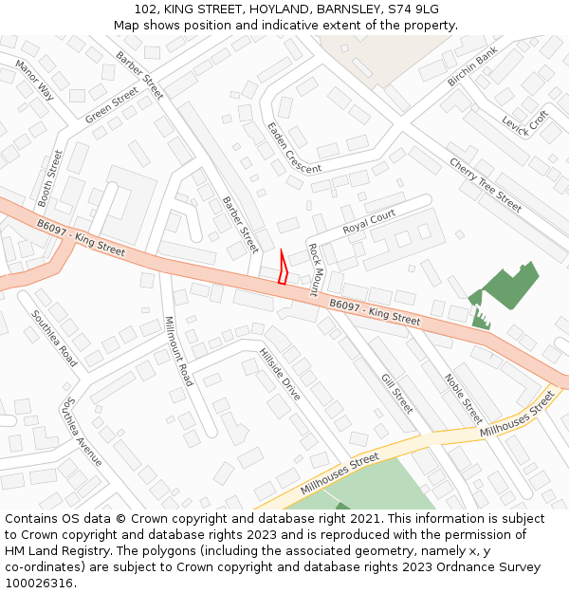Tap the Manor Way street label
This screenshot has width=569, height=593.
35,80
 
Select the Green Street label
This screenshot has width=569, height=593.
111,105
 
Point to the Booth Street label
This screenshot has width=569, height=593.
49,177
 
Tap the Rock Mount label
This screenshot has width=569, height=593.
316,269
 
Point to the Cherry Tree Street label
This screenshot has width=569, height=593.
486,185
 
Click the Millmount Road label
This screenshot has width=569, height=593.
178,351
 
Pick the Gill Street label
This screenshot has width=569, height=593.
396,394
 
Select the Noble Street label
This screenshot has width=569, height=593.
464,398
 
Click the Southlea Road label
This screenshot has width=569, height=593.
54,339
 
